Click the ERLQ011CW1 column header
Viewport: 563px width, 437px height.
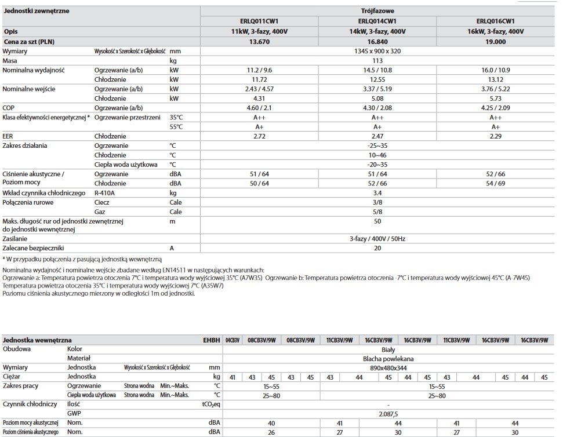tap(259, 21)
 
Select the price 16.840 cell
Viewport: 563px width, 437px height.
tap(377, 41)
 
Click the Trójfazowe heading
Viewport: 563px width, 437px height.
tap(377, 10)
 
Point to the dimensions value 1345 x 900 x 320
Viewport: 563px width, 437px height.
tap(377, 51)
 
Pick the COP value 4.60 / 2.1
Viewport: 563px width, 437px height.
tap(259, 108)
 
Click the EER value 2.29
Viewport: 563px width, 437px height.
tap(496, 136)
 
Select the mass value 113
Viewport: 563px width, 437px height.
tap(377, 60)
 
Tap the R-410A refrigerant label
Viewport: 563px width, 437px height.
tap(105, 192)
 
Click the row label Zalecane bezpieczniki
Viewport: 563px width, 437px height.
tap(32, 247)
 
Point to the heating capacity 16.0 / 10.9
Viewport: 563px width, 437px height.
tap(496, 70)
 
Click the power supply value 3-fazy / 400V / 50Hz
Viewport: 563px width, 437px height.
tap(377, 238)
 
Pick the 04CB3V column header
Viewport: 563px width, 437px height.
tap(233, 340)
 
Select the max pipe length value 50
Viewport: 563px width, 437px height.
tap(377, 221)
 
